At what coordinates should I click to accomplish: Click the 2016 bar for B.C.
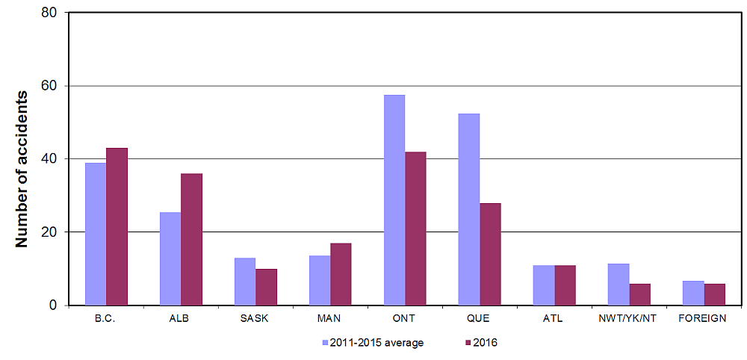click(x=117, y=226)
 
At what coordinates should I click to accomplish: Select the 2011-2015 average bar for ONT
click(x=394, y=200)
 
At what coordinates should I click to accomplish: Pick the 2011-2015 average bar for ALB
click(x=170, y=258)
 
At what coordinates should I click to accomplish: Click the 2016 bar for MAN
click(x=341, y=274)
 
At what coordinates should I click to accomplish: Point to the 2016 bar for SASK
click(x=266, y=287)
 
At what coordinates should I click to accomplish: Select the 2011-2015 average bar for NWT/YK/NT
click(x=619, y=285)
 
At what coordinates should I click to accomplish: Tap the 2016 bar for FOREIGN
click(x=714, y=294)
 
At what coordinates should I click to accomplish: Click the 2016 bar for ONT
click(x=415, y=229)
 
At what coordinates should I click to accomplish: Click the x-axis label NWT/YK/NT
click(x=628, y=319)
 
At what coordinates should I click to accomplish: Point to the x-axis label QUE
click(x=479, y=319)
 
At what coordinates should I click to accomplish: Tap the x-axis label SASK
click(x=255, y=319)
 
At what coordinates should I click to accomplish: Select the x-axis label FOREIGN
click(x=703, y=319)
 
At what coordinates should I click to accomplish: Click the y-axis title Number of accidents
click(x=22, y=169)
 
